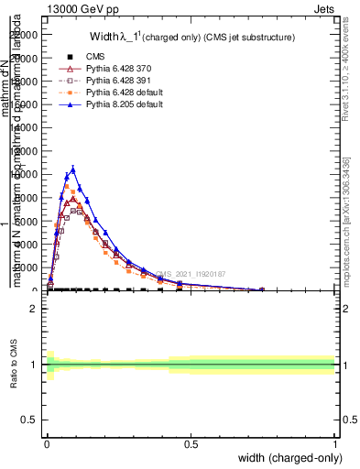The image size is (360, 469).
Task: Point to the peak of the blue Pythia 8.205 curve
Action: point(73,169)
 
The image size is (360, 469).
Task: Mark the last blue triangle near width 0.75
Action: point(262,289)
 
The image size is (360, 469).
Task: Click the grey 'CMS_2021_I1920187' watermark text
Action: point(191,274)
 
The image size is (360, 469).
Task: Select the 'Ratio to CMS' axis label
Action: point(14,365)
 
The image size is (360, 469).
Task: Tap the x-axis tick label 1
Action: point(334,443)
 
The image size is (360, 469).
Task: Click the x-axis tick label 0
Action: point(47,443)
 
